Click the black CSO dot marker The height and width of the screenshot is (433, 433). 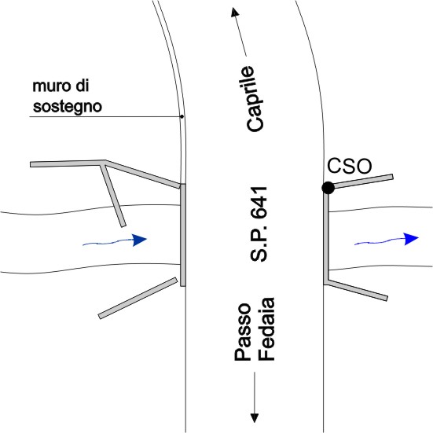[328, 188]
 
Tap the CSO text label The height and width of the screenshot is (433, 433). [350, 166]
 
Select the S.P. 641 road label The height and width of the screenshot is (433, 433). [259, 224]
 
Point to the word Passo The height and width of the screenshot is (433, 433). [243, 332]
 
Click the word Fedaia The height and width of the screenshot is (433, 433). [266, 329]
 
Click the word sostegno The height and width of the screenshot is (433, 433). [68, 107]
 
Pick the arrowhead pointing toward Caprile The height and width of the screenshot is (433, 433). [235, 12]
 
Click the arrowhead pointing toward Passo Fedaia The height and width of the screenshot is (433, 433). [255, 418]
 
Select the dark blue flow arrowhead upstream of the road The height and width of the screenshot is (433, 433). [139, 240]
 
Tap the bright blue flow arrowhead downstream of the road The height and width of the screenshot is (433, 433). [412, 239]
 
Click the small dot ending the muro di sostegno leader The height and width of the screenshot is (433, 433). [182, 116]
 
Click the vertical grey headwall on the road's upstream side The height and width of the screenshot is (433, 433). [183, 235]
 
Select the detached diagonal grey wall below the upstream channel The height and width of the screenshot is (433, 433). [138, 298]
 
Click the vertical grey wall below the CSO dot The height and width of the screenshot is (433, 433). [326, 237]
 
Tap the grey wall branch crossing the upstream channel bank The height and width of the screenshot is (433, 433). [113, 195]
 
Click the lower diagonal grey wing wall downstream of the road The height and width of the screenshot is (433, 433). [357, 290]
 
